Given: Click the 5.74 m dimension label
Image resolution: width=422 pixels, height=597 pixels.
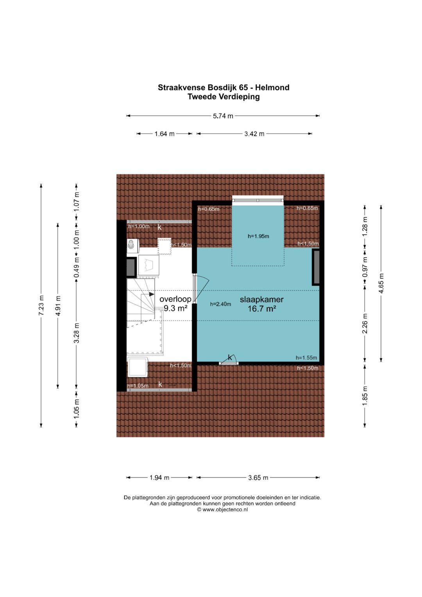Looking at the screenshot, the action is pyautogui.click(x=223, y=116).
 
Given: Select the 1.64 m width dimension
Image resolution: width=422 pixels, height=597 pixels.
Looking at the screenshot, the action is pyautogui.click(x=165, y=134).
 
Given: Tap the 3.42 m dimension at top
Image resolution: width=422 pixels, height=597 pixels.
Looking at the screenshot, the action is pyautogui.click(x=254, y=134).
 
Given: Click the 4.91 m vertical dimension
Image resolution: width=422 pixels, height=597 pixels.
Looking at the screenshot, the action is pyautogui.click(x=58, y=305).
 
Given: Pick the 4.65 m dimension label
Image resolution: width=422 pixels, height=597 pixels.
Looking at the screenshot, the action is pyautogui.click(x=381, y=283).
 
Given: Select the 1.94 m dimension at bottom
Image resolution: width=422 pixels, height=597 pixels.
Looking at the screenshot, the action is pyautogui.click(x=159, y=478).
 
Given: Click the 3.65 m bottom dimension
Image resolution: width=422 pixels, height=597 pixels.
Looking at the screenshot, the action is pyautogui.click(x=258, y=478).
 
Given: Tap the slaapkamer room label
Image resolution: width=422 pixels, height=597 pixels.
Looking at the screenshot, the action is pyautogui.click(x=262, y=299).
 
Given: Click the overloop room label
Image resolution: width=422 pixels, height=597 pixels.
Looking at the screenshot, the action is pyautogui.click(x=175, y=299).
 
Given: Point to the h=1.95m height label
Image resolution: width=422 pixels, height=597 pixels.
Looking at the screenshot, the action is pyautogui.click(x=258, y=236).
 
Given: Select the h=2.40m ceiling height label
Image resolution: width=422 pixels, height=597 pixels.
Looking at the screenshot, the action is pyautogui.click(x=220, y=304).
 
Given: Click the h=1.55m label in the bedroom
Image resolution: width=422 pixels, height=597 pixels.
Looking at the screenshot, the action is pyautogui.click(x=306, y=358).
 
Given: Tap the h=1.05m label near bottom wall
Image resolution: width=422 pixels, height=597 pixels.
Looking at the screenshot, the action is pyautogui.click(x=138, y=385).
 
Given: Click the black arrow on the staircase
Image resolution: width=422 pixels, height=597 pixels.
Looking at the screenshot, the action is pyautogui.click(x=151, y=294).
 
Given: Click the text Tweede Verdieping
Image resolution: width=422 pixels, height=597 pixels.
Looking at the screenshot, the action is pyautogui.click(x=224, y=97).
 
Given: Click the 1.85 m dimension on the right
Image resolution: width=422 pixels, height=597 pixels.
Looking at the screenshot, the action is pyautogui.click(x=365, y=396).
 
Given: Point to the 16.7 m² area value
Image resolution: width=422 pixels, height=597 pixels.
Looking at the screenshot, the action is pyautogui.click(x=262, y=308).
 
